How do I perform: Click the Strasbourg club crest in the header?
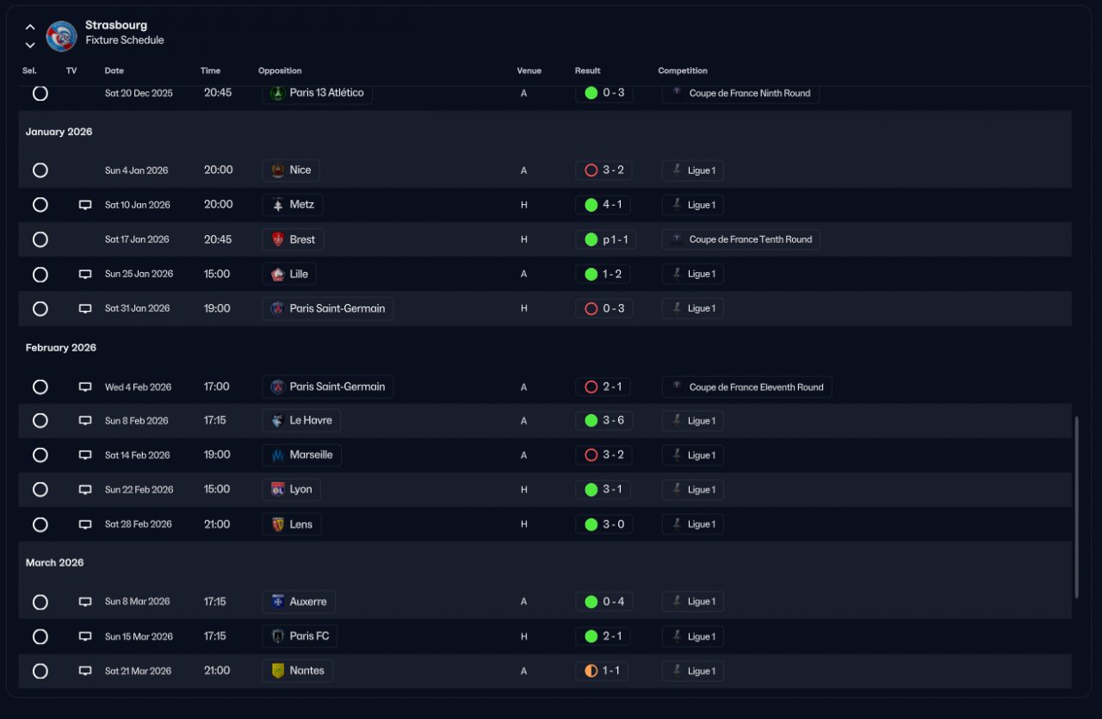[x=61, y=35]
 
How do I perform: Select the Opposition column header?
[x=280, y=71]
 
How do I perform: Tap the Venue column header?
[x=529, y=71]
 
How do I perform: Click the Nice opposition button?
[x=291, y=170]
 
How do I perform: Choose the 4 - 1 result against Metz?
[x=604, y=205]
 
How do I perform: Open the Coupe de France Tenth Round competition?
[x=740, y=239]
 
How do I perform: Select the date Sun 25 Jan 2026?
[x=139, y=274]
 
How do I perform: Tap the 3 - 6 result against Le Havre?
[x=604, y=421]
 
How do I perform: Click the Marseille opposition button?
[x=302, y=455]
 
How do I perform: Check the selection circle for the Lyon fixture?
[x=40, y=489]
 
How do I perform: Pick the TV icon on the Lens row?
[x=85, y=524]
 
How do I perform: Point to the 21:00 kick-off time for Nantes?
[x=217, y=671]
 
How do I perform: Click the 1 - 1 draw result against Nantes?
[x=602, y=671]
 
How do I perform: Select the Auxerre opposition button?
[x=299, y=602]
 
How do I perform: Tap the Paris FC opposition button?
[x=300, y=636]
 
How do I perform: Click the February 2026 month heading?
[x=61, y=348]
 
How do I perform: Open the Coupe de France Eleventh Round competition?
[x=746, y=387]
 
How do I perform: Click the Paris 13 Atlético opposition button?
[x=317, y=93]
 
